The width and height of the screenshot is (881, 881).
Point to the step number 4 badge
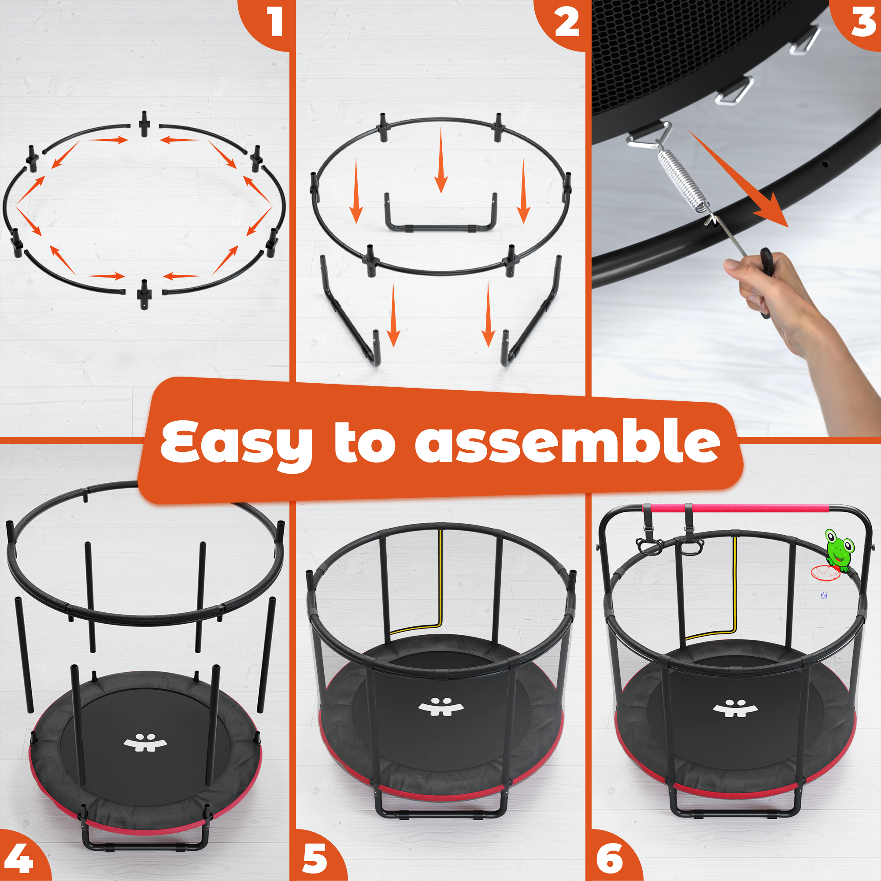point(21,857)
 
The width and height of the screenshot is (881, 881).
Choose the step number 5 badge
point(319,857)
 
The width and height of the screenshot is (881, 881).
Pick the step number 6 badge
point(613,857)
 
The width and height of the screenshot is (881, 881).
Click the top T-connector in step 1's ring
point(144,123)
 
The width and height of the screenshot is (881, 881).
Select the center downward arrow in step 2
point(440,159)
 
